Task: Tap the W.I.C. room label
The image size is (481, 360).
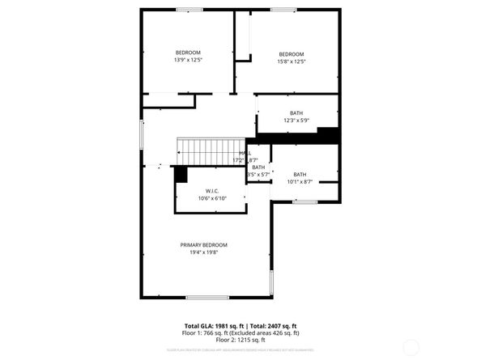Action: coord(212,191)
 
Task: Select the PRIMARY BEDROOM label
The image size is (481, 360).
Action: coord(204,245)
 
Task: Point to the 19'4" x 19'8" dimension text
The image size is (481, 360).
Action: coord(204,252)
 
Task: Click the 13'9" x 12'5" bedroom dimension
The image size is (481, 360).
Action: coord(188,60)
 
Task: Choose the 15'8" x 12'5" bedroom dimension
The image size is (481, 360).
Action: coord(291,60)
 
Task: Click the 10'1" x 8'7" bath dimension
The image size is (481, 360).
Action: coord(300,181)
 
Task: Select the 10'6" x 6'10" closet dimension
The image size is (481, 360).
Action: coord(212,198)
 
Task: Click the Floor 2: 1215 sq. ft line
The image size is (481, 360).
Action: coord(240,340)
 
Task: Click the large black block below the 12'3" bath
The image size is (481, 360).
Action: coord(328,135)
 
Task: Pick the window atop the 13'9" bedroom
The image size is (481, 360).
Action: coord(189,9)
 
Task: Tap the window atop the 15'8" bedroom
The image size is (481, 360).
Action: coord(283,9)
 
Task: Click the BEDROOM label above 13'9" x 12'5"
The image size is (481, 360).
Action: coord(188,53)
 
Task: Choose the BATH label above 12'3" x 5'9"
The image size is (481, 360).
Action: coord(297,112)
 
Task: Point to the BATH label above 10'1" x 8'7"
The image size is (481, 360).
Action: coord(300,174)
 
